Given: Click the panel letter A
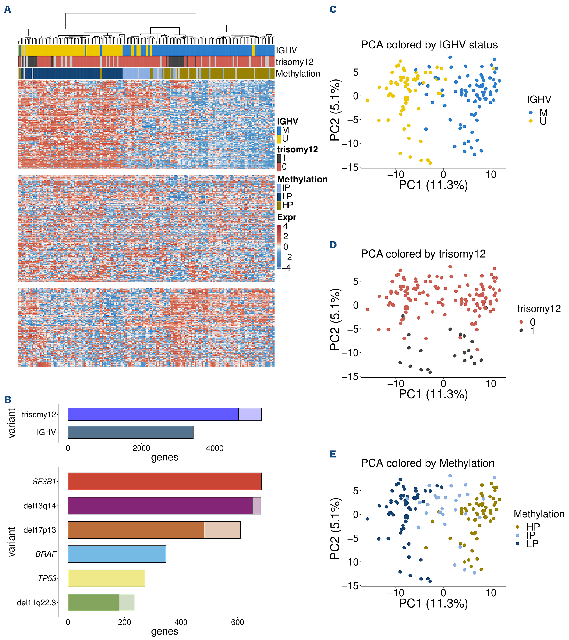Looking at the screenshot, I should (x=7, y=10).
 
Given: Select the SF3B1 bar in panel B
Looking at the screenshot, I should (x=165, y=481).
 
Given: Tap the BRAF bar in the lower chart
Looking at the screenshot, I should (x=117, y=554).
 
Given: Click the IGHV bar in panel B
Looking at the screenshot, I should (x=130, y=432).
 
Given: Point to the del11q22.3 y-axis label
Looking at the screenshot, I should (x=36, y=602).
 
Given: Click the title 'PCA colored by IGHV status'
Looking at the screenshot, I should (x=429, y=45).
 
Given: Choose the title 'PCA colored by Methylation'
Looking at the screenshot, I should (x=427, y=463).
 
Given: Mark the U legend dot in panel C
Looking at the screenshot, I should (x=531, y=121).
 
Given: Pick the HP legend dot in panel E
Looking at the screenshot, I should (x=518, y=527).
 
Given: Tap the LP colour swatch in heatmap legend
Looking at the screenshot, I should (x=279, y=197).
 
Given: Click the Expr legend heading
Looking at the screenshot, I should (x=286, y=217).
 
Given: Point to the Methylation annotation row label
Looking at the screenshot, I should (x=298, y=74).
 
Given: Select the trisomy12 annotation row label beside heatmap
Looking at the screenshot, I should (x=295, y=62).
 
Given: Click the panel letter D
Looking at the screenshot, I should (x=333, y=245).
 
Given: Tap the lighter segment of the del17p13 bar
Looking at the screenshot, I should (x=222, y=530).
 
